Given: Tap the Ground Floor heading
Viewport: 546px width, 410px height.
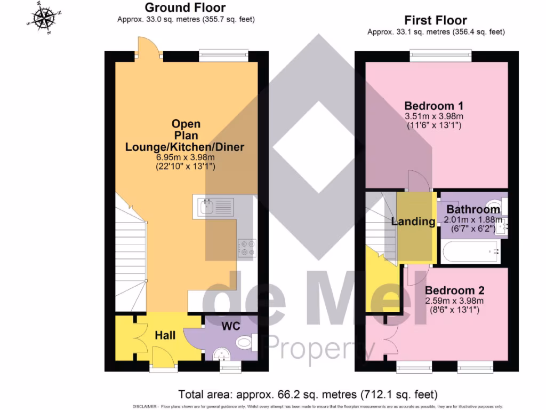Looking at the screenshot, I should (185, 7).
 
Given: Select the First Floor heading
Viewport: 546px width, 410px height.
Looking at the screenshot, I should (435, 21).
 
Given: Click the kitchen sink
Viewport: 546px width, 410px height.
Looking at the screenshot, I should (214, 206).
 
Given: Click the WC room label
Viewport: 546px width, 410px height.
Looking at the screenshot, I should (231, 326).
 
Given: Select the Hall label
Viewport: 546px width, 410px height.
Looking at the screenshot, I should (165, 335).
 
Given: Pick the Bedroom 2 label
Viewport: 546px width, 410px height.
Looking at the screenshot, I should (454, 290).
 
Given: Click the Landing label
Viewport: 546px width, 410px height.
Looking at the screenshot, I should (413, 222).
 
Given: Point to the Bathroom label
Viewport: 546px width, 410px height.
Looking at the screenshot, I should (473, 209).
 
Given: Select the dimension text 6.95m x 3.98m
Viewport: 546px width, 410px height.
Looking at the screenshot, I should (185, 157).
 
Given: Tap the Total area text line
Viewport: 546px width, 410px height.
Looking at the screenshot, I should (308, 395).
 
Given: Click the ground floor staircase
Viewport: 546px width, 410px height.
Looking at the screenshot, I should (131, 256).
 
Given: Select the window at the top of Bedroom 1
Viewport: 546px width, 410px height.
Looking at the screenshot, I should (440, 54).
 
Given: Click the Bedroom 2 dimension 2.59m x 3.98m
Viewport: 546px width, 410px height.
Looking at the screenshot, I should (454, 301).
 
